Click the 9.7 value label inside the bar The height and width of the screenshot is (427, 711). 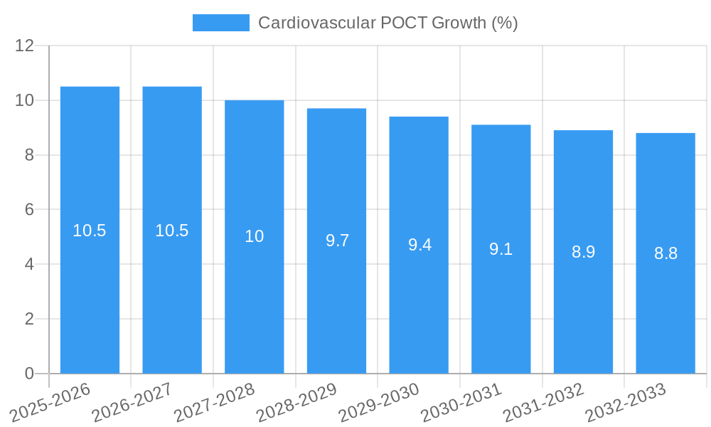(x=337, y=241)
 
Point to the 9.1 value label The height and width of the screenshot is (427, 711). (x=501, y=249)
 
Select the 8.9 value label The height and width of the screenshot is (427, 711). (x=583, y=252)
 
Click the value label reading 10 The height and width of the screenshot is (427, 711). (x=255, y=236)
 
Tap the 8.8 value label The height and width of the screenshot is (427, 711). (x=665, y=253)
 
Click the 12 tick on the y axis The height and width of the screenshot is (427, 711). (x=25, y=46)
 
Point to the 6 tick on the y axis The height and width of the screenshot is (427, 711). (x=29, y=209)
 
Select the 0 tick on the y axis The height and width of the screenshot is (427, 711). (x=29, y=374)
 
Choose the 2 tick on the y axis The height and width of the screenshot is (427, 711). (x=29, y=319)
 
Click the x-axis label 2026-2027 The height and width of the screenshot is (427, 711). (x=132, y=402)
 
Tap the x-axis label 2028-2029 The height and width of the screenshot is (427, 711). (x=296, y=402)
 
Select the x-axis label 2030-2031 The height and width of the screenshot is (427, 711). (x=461, y=402)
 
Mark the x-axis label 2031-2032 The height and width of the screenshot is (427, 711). (x=543, y=402)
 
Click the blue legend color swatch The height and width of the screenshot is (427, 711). (x=221, y=23)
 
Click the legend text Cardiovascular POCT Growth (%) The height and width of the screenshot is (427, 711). (x=387, y=23)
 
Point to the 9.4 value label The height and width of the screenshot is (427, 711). (x=419, y=245)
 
